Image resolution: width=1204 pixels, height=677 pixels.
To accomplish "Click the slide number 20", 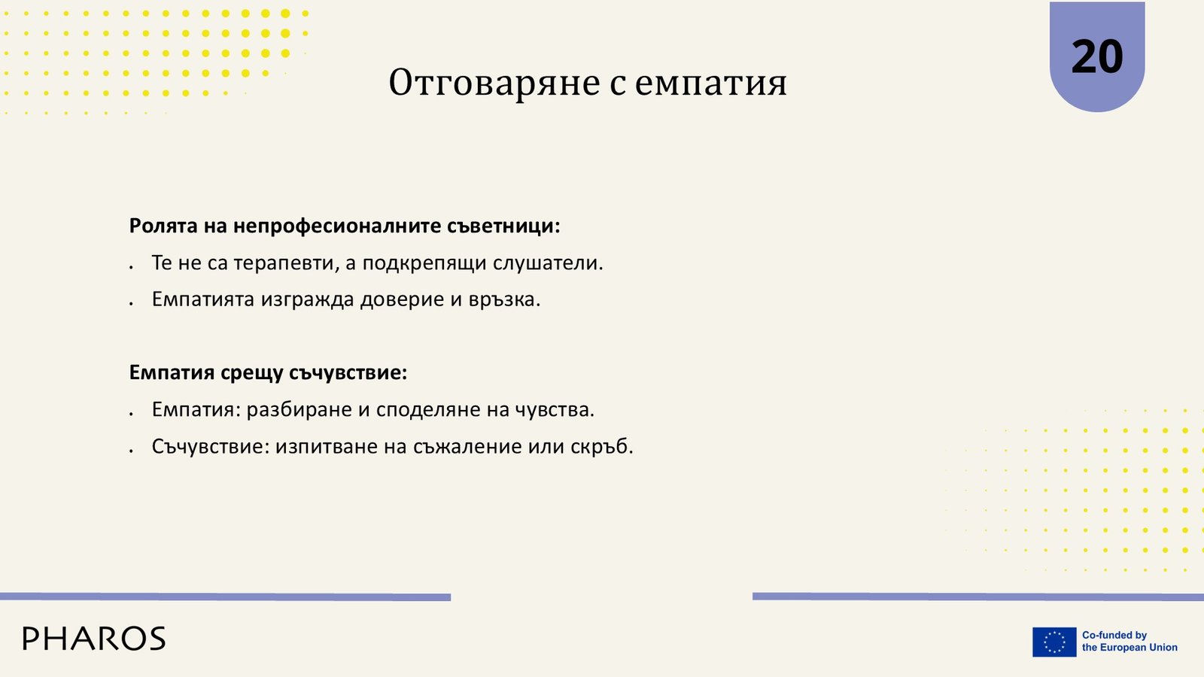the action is click(1097, 57).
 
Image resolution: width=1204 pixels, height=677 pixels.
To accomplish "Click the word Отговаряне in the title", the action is click(494, 83).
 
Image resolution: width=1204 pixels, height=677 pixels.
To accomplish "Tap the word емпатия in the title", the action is click(710, 83).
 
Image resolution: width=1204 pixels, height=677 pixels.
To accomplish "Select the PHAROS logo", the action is click(94, 639).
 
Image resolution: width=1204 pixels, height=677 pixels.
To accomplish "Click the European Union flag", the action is click(1054, 642).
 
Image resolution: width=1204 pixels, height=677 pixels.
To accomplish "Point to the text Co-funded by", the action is click(1114, 635).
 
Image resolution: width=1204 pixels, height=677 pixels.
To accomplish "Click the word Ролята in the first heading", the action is click(163, 226).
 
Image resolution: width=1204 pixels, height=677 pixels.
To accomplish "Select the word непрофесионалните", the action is click(337, 226).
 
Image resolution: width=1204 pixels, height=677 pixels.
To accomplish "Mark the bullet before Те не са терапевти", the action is click(131, 267).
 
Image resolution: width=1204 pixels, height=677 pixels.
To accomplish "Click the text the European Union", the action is click(1130, 648).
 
